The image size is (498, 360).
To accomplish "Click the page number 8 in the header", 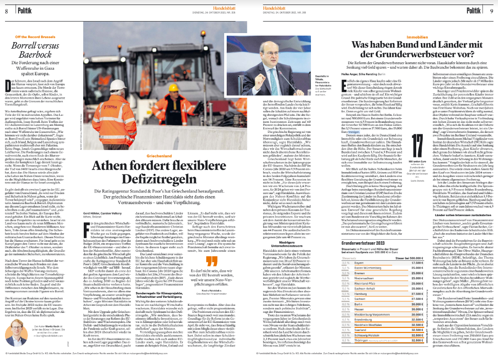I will [7, 11].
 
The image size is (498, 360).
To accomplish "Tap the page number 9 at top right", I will [490, 11].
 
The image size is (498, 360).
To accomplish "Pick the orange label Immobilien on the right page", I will [417, 37].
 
